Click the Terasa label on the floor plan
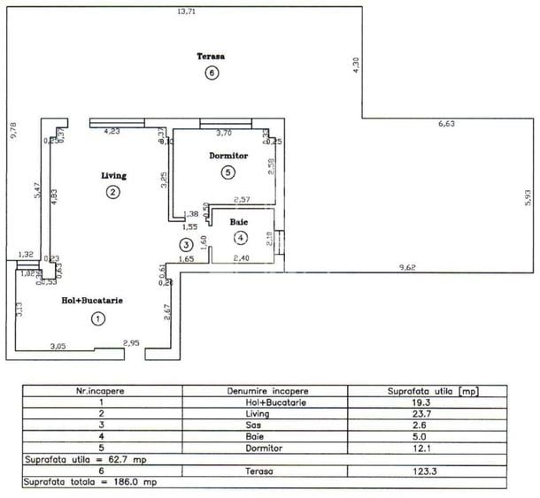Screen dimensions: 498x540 pyautogui.click(x=211, y=56)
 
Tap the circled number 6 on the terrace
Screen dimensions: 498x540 pyautogui.click(x=211, y=73)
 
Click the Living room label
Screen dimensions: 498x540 pyautogui.click(x=111, y=175)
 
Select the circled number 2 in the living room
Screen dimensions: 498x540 pyautogui.click(x=112, y=192)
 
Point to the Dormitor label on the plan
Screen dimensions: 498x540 pyautogui.click(x=228, y=156)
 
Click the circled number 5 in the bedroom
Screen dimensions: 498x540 pyautogui.click(x=228, y=172)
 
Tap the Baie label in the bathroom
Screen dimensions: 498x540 pyautogui.click(x=239, y=221)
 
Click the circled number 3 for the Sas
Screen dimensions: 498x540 pyautogui.click(x=185, y=245)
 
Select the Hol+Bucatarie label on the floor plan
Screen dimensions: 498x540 pyautogui.click(x=91, y=301)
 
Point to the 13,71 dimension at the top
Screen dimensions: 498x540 pyautogui.click(x=185, y=11)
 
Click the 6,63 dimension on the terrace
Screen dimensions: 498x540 pyautogui.click(x=448, y=124)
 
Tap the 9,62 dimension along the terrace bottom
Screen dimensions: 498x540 pyautogui.click(x=408, y=267)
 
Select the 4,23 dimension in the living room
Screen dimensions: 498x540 pyautogui.click(x=112, y=132)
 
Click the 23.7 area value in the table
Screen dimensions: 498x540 pyautogui.click(x=427, y=414)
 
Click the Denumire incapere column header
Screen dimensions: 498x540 pyautogui.click(x=265, y=390)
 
